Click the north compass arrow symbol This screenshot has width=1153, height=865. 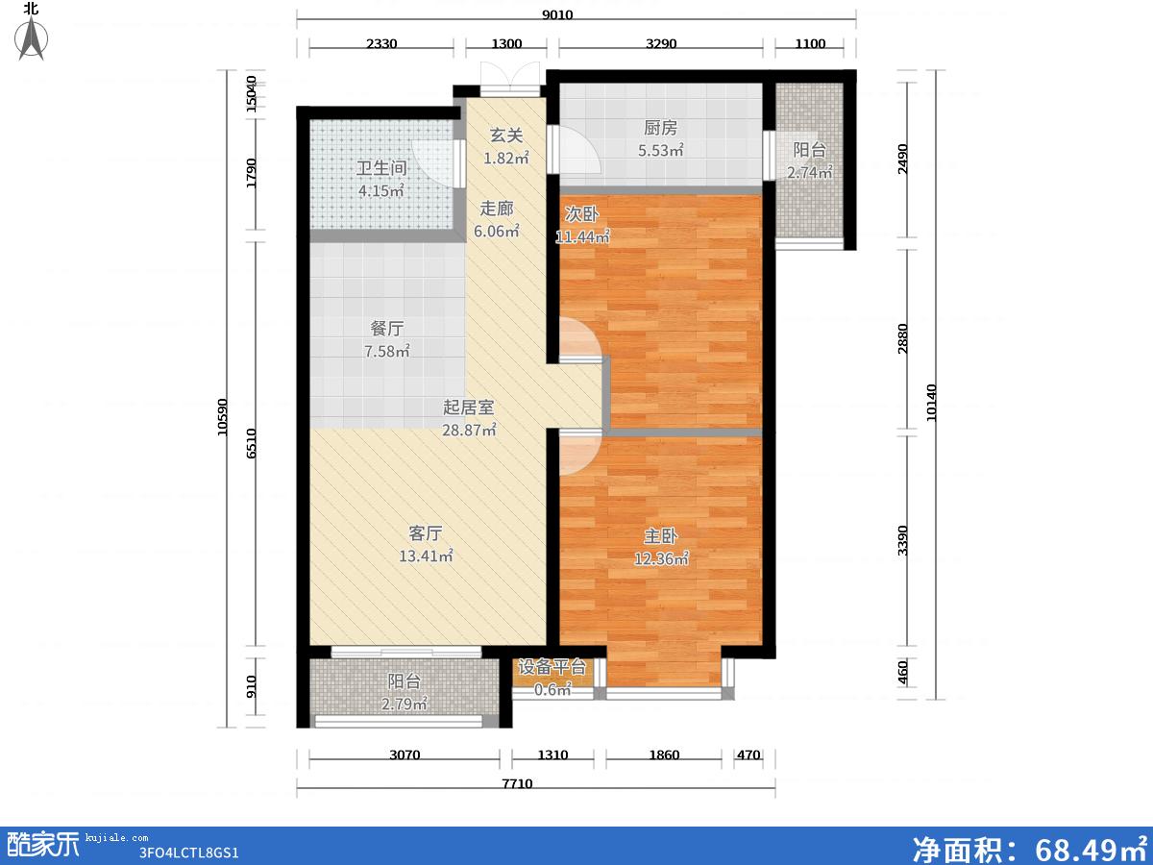click(32, 37)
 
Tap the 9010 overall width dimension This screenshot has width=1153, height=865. click(557, 14)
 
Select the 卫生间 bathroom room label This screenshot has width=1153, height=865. click(381, 168)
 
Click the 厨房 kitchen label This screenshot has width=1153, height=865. click(660, 128)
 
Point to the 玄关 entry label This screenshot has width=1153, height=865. click(506, 136)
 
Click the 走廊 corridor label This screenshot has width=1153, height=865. click(497, 209)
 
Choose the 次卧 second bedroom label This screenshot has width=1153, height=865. click(581, 214)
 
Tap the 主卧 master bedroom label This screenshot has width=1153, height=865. click(660, 536)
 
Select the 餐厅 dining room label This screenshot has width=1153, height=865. click(387, 329)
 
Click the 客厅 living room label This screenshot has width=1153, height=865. click(426, 533)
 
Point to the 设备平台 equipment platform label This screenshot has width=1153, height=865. click(552, 667)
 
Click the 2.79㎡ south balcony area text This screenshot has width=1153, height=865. click(404, 704)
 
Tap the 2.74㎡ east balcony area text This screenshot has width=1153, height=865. click(809, 172)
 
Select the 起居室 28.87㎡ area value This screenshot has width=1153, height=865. click(469, 431)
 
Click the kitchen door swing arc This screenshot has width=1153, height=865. click(580, 150)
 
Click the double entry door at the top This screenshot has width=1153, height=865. click(510, 79)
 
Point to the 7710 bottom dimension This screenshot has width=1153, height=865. click(517, 784)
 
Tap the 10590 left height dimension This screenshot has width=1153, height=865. click(223, 417)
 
